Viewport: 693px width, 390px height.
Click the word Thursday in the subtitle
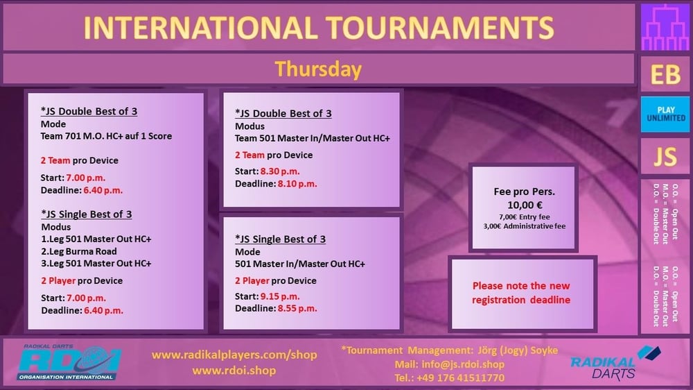(318, 69)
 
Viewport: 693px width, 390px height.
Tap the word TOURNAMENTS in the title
(440, 28)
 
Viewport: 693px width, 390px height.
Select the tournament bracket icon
(665, 28)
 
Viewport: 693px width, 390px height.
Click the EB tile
(665, 74)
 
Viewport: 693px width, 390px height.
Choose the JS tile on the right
(665, 157)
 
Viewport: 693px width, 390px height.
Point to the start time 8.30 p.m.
(280, 171)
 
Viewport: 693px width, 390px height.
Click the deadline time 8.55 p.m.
(297, 309)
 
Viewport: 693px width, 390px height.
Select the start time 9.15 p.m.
(280, 296)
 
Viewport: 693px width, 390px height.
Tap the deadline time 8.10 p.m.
(297, 184)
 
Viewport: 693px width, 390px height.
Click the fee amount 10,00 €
(525, 205)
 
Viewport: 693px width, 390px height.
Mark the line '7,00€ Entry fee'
(525, 217)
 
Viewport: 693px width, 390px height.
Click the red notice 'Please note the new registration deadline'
(521, 293)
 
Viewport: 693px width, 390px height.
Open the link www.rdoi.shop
(234, 371)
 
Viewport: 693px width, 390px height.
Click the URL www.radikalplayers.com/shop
(234, 355)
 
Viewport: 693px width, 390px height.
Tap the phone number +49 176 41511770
(460, 378)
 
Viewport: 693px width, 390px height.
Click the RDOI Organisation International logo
(69, 362)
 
